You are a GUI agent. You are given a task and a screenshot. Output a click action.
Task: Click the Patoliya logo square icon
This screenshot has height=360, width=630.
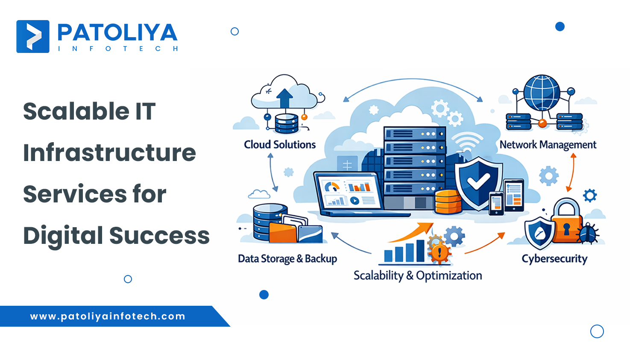pyautogui.click(x=33, y=36)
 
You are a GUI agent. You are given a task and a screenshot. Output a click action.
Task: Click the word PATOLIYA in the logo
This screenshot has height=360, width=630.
pyautogui.click(x=117, y=33)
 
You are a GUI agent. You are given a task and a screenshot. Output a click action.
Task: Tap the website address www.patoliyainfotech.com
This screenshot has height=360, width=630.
pyautogui.click(x=108, y=316)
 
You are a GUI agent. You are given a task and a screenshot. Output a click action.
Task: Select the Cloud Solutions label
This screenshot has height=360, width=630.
pyautogui.click(x=280, y=145)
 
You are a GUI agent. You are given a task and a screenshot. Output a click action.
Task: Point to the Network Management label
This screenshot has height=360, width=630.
pyautogui.click(x=548, y=145)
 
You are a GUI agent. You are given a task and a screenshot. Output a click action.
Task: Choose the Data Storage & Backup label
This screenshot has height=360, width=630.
pyautogui.click(x=287, y=259)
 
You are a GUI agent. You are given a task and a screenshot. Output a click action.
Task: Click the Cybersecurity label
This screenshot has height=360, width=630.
pyautogui.click(x=554, y=259)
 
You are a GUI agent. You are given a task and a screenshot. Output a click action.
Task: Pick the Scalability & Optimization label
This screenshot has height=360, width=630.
pyautogui.click(x=418, y=276)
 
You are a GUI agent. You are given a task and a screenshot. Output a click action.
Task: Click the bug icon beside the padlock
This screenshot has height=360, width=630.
pyautogui.click(x=589, y=233)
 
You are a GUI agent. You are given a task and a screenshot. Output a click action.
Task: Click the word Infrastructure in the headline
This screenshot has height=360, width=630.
pyautogui.click(x=109, y=153)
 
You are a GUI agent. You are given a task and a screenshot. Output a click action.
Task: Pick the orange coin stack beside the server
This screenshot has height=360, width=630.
pyautogui.click(x=448, y=202)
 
